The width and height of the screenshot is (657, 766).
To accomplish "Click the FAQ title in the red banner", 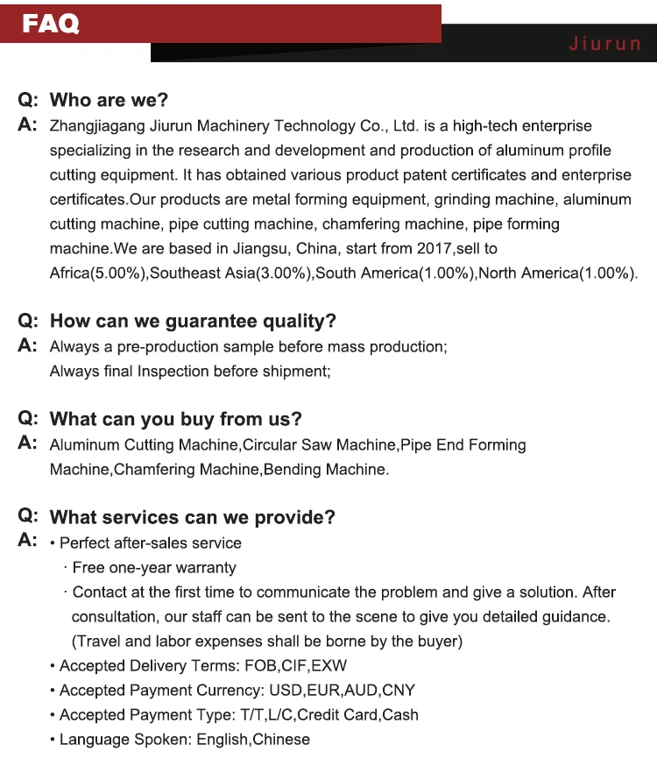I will (51, 24).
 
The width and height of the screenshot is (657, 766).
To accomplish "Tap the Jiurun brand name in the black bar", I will (604, 44).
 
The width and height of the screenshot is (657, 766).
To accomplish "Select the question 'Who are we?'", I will (109, 101).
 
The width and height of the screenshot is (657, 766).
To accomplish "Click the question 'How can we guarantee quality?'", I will (193, 322).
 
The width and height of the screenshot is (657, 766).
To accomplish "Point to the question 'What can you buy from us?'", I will (175, 419).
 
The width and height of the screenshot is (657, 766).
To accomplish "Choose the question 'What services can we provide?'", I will (192, 517).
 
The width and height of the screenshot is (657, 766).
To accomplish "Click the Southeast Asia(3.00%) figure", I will (231, 273).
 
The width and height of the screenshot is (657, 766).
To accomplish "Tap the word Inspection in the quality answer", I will (173, 372).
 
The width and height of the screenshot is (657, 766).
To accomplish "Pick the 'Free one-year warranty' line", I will (154, 568).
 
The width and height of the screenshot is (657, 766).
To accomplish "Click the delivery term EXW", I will (329, 666).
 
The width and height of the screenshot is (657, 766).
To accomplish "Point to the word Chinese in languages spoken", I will (281, 740).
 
